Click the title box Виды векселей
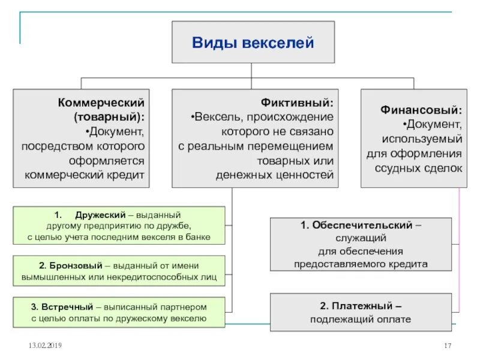(x=253, y=43)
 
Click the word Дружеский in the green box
(x=100, y=214)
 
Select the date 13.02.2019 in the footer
(x=44, y=346)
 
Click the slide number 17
(x=446, y=346)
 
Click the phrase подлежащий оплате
(x=360, y=319)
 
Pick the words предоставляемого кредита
(x=360, y=263)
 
